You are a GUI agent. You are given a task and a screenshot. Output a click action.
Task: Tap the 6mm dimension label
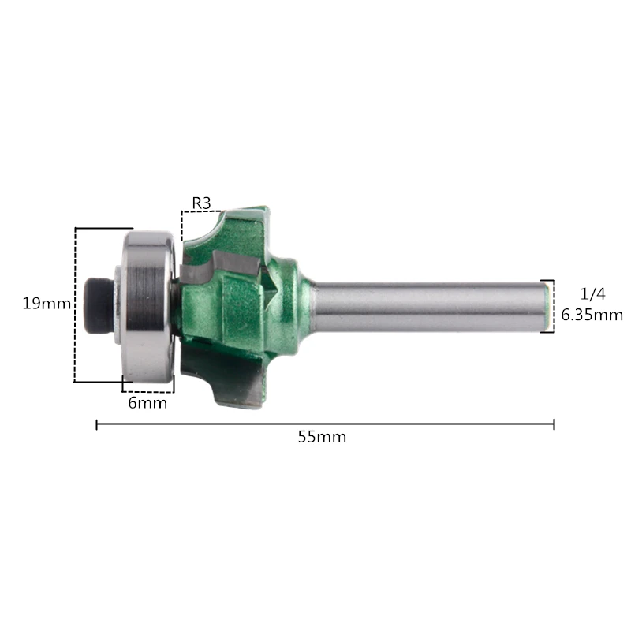coord(147,403)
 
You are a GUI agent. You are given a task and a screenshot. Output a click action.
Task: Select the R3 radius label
coord(202,203)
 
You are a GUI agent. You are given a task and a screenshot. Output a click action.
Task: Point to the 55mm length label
coord(322,437)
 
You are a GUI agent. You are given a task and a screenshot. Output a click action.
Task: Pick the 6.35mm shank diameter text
coord(592,315)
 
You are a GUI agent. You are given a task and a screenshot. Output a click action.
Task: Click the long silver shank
coord(426,305)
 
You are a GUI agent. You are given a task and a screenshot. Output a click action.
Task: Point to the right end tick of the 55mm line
coord(554,424)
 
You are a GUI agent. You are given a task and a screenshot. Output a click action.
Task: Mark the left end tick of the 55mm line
coord(96,424)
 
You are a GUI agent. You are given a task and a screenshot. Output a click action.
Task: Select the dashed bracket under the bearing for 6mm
coord(147,390)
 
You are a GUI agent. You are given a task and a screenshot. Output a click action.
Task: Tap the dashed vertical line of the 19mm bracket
coord(76,304)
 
